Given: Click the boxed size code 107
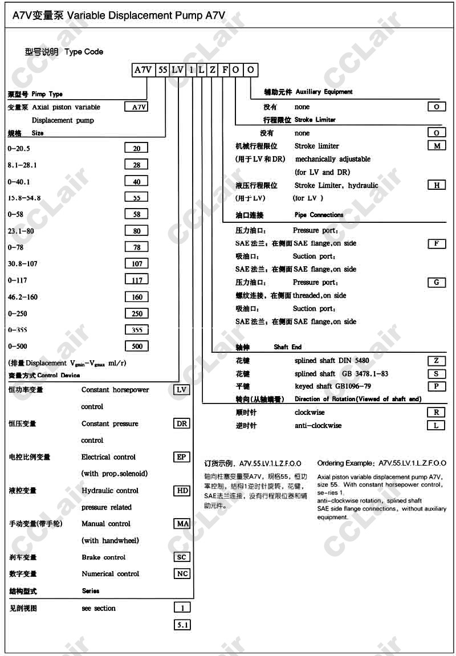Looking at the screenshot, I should (137, 263).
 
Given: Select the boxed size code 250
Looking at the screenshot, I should (137, 313).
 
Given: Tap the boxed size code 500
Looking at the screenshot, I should (137, 346).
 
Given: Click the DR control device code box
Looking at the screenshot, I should (182, 423).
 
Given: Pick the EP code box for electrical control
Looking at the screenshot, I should (182, 457).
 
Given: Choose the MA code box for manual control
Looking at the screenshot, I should (182, 523).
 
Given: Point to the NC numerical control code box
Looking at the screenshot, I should (182, 573).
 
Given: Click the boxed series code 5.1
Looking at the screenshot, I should (182, 625).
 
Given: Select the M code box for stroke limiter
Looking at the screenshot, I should (437, 145).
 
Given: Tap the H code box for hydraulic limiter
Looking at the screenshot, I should (437, 185).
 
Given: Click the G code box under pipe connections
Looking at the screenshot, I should (437, 282).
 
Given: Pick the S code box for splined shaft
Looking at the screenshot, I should (437, 373).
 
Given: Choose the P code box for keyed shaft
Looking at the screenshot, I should (437, 386).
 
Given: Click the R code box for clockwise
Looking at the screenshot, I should (437, 411).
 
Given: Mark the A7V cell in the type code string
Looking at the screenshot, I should (143, 70).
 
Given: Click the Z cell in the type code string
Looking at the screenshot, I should (213, 70).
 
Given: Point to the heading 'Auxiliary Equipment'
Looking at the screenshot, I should (324, 92).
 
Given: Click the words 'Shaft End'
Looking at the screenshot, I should (288, 347).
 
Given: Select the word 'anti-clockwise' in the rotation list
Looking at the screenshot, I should (318, 425).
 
